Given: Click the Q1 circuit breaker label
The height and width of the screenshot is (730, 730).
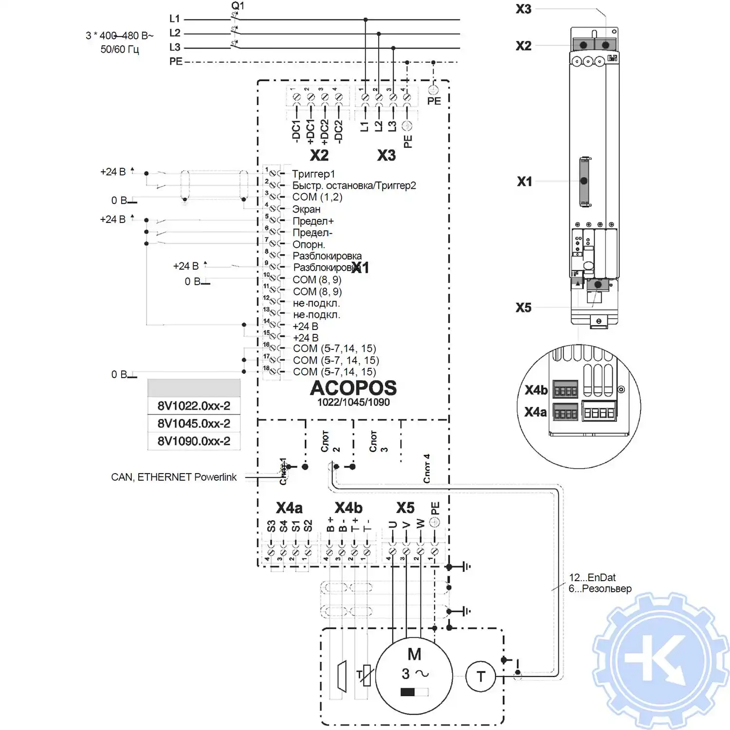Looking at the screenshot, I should click(237, 6).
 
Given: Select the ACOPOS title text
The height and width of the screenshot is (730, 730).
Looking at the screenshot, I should click(353, 388).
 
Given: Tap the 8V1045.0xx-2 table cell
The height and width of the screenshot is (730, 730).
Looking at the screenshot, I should click(194, 423).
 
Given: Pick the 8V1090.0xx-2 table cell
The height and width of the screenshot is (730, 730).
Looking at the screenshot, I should click(194, 441).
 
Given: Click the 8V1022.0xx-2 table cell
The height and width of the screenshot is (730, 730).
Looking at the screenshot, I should click(194, 406).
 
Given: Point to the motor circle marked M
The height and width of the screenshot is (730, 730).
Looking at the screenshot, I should click(414, 675).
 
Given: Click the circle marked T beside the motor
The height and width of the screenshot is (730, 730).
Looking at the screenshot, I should click(481, 676).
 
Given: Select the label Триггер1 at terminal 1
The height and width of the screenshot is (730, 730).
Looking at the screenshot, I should click(313, 174).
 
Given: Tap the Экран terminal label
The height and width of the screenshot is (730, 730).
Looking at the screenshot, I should click(306, 209).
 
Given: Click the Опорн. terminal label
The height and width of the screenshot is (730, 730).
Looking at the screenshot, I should click(309, 244).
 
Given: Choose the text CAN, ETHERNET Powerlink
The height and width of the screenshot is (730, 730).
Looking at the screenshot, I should click(174, 477).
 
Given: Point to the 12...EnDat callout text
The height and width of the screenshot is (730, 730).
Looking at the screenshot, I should click(592, 578).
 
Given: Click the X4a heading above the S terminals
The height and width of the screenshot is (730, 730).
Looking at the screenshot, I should click(289, 508).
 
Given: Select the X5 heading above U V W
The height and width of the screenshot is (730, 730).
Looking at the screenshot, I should click(405, 508).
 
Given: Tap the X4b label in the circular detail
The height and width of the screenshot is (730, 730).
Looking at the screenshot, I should click(536, 390).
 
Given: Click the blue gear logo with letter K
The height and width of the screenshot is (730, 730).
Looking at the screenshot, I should click(661, 660).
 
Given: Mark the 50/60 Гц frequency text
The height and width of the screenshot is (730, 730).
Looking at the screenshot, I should click(120, 49).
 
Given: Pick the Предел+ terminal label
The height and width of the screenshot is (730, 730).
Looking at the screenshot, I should click(313, 221).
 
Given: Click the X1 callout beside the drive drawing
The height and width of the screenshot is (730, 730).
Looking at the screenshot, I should click(524, 182).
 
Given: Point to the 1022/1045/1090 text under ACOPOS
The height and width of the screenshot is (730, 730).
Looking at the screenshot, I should click(353, 402).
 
